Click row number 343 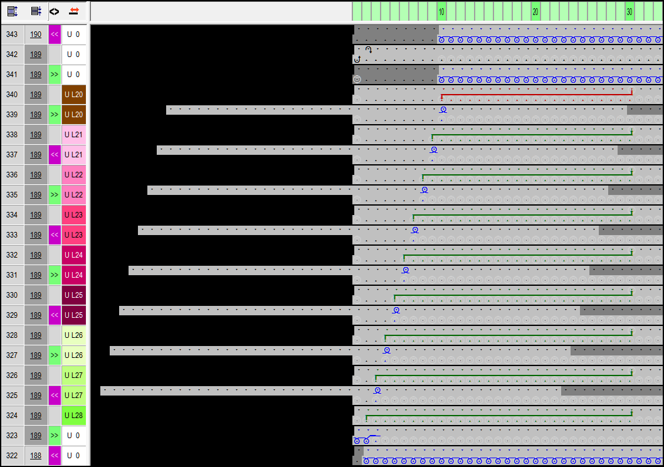[x=12, y=34]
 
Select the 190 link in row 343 [x=36, y=34]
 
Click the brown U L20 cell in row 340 [x=73, y=95]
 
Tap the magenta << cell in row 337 [x=55, y=155]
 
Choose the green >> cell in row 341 [x=55, y=75]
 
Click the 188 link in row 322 [x=36, y=456]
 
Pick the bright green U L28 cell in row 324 [x=73, y=416]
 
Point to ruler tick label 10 [x=441, y=12]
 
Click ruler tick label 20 [x=535, y=12]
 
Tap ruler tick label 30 [x=630, y=12]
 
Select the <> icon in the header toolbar [x=55, y=11]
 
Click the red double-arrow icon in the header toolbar [x=74, y=11]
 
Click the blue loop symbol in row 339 [x=443, y=110]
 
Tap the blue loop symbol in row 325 [x=377, y=391]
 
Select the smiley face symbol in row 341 [x=357, y=80]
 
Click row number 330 [x=12, y=295]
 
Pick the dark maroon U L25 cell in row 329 [x=73, y=315]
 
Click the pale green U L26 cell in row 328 [x=73, y=335]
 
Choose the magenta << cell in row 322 [x=55, y=456]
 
